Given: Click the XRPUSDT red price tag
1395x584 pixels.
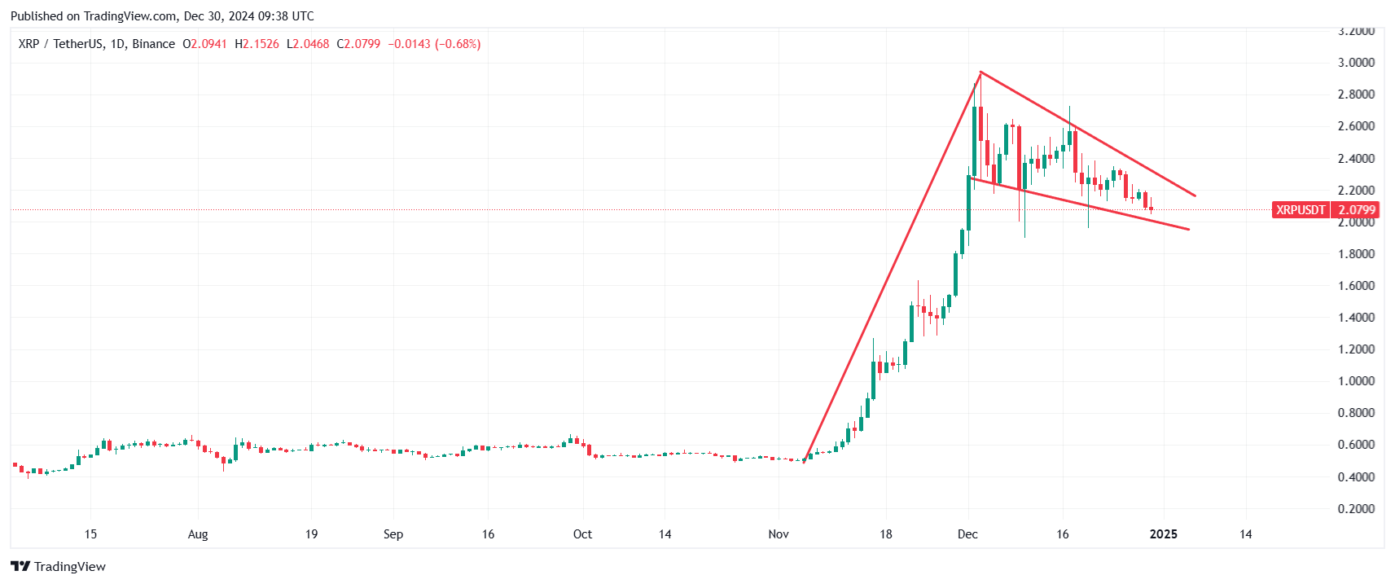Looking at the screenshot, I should point(1301,210).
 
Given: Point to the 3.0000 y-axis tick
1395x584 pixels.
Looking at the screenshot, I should point(1356,63).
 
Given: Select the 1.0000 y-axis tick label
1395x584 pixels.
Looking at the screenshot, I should point(1356,381).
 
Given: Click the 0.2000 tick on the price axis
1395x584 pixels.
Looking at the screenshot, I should point(1356,509).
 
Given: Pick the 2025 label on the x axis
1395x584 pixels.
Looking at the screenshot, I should point(1163,534).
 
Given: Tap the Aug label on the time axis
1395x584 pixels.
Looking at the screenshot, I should point(198,534).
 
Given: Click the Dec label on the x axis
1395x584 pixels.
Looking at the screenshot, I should point(967,534).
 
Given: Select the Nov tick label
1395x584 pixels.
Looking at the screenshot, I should point(779,534).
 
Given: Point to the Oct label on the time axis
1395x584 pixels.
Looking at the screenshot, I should point(582,534).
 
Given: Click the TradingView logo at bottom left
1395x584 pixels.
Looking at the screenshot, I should point(59,566).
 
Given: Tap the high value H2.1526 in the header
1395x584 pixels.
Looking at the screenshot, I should point(257,44).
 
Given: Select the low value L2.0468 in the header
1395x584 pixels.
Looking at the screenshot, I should point(308,44).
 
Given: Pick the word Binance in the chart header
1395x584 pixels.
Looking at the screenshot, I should point(153,44).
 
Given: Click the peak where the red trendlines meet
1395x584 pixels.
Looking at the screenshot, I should point(980,72).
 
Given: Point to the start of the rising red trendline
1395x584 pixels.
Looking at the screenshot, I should point(805,462).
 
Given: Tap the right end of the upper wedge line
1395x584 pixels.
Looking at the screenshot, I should point(1195,195).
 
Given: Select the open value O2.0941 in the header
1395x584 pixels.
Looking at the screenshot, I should point(204,44).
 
